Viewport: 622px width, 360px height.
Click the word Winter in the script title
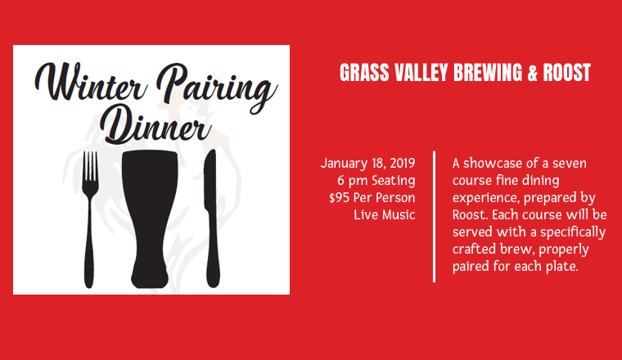pyautogui.click(x=91, y=82)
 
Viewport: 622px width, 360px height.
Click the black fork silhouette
pyautogui.click(x=90, y=219)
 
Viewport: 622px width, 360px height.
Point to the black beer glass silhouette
pyautogui.click(x=150, y=218)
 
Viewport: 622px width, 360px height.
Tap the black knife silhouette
pyautogui.click(x=211, y=218)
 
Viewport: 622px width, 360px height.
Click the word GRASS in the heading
pyautogui.click(x=364, y=73)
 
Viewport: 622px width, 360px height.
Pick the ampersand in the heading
pyautogui.click(x=532, y=73)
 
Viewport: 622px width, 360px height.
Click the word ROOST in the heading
pyautogui.click(x=567, y=73)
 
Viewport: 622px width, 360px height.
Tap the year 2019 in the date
pyautogui.click(x=402, y=163)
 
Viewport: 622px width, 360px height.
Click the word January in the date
pyautogui.click(x=345, y=164)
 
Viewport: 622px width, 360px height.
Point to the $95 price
pyautogui.click(x=339, y=197)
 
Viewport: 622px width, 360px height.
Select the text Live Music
pyautogui.click(x=385, y=214)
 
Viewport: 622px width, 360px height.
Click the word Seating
pyautogui.click(x=393, y=181)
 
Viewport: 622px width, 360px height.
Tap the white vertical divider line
pyautogui.click(x=435, y=217)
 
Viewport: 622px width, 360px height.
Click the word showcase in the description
pyautogui.click(x=493, y=163)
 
